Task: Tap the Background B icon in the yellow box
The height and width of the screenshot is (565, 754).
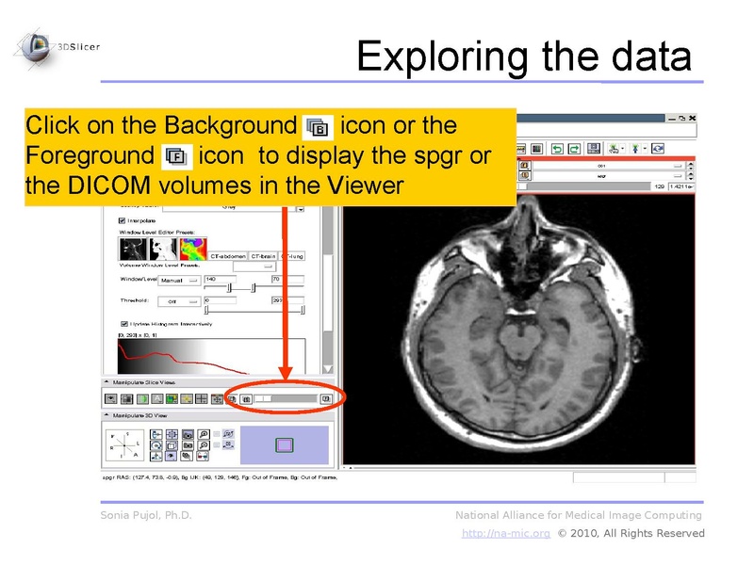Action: click(318, 126)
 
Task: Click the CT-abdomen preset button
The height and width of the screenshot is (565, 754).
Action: click(228, 255)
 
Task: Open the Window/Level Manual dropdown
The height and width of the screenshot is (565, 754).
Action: click(178, 280)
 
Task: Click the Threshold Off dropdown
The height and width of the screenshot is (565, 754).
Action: click(178, 301)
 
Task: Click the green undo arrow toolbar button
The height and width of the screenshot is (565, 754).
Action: click(557, 148)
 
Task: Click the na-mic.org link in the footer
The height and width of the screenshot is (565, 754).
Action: click(505, 534)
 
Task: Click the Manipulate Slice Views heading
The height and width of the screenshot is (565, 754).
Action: click(143, 383)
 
